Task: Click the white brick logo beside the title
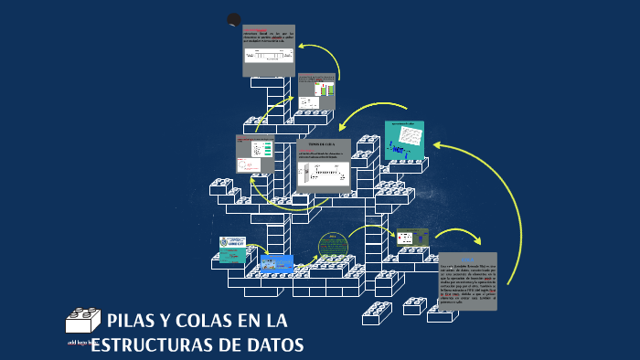point(83,320)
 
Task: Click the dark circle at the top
point(234,20)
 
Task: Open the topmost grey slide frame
point(268,50)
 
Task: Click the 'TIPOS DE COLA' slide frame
point(323,164)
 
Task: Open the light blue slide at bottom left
point(275,264)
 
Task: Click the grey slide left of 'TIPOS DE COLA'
point(255,154)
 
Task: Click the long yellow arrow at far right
point(517,206)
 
